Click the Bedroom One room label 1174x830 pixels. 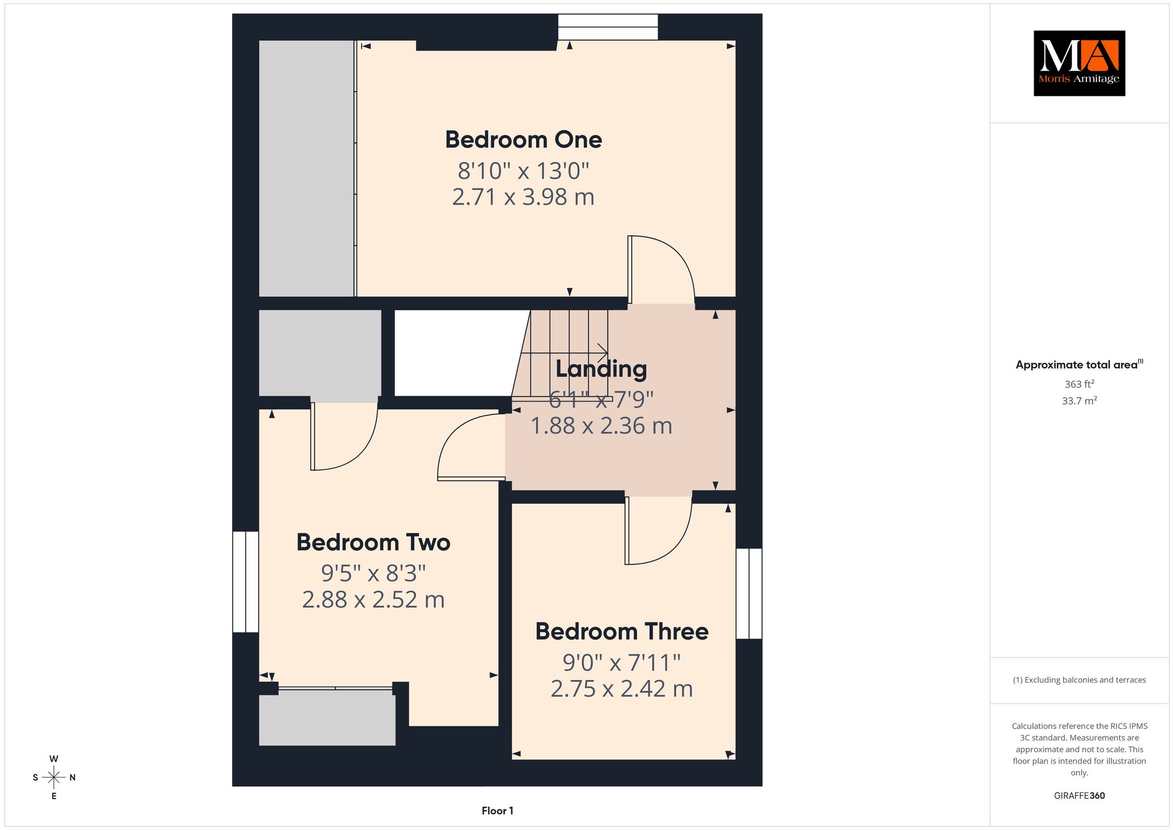click(x=523, y=140)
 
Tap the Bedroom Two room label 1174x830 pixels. click(x=373, y=542)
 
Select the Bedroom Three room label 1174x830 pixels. click(x=622, y=632)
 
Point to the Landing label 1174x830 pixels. click(x=601, y=369)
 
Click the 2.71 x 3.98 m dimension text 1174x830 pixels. click(x=523, y=197)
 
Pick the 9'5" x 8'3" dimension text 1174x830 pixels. click(x=373, y=572)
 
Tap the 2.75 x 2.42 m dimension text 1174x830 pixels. click(x=622, y=688)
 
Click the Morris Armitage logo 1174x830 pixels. click(x=1079, y=63)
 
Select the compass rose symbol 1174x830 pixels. click(x=54, y=777)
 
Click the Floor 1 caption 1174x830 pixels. click(x=498, y=811)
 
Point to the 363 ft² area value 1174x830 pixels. click(x=1079, y=384)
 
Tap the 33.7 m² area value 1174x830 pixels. click(x=1079, y=401)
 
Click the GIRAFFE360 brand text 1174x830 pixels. click(x=1079, y=796)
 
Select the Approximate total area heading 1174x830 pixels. click(x=1079, y=365)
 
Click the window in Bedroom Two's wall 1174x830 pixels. click(x=245, y=582)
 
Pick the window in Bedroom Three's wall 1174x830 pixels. click(x=749, y=593)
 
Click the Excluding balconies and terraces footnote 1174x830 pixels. click(x=1079, y=680)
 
